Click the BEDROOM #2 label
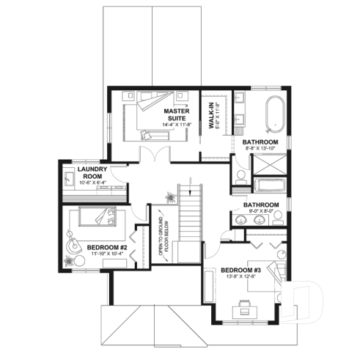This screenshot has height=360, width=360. point(107,248)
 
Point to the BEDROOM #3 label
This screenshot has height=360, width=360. point(240,271)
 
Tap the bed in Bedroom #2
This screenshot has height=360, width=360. point(93,219)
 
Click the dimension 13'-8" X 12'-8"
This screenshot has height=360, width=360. point(241,278)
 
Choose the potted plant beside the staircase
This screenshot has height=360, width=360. point(171,196)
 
